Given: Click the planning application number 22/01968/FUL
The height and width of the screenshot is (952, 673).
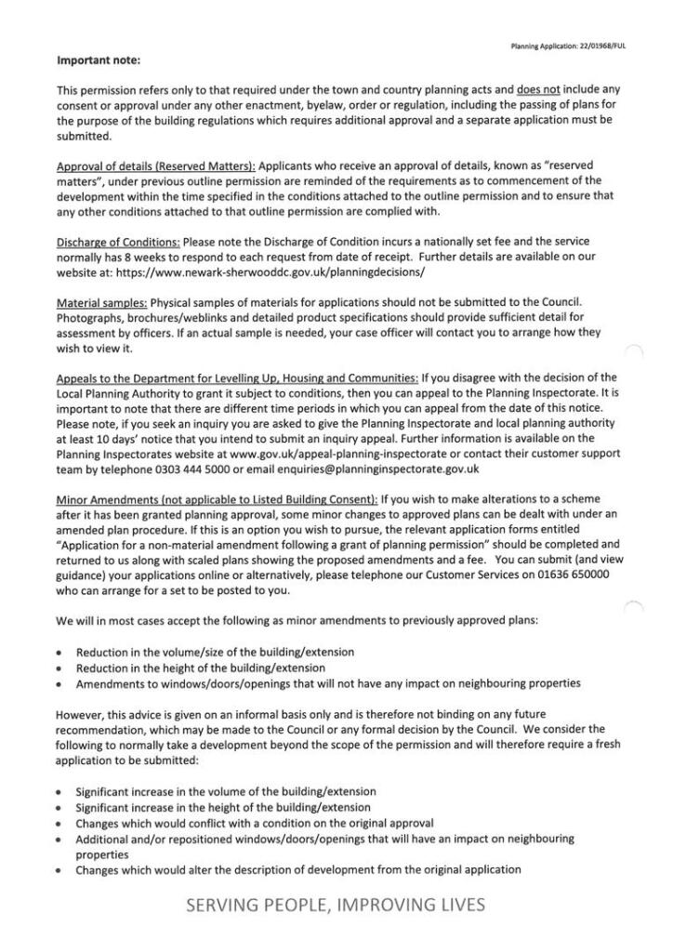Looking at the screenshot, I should click(596, 45).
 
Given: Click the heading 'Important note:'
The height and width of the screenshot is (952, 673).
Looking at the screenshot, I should click(98, 61).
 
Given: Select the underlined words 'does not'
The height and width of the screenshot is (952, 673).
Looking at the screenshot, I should click(535, 89).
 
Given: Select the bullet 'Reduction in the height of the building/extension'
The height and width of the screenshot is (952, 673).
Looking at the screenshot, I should click(201, 668).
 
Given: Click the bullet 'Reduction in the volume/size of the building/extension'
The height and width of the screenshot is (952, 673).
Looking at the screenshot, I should click(215, 653).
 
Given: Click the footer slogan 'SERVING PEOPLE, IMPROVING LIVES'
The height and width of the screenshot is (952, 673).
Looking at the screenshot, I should click(336, 905).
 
